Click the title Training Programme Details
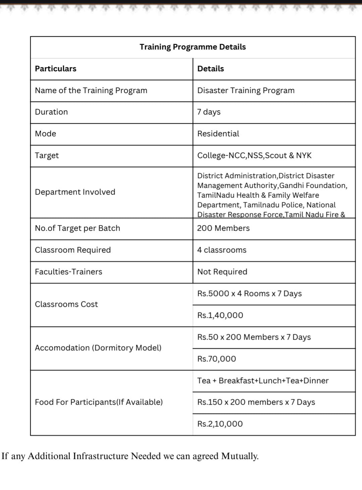192,47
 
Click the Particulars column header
56,69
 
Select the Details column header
210,69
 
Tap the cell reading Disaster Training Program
246,90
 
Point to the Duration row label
51,112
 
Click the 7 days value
209,112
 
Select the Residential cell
218,134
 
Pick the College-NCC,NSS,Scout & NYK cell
254,155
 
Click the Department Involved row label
75,192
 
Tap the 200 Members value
223,228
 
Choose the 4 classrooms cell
222,250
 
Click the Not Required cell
222,272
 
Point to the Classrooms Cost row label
66,304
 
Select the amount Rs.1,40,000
220,315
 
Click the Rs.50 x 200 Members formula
254,337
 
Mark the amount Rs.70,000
217,359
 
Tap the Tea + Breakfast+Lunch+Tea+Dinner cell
263,380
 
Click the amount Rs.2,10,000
220,424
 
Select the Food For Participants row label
99,402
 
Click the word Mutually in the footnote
240,456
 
